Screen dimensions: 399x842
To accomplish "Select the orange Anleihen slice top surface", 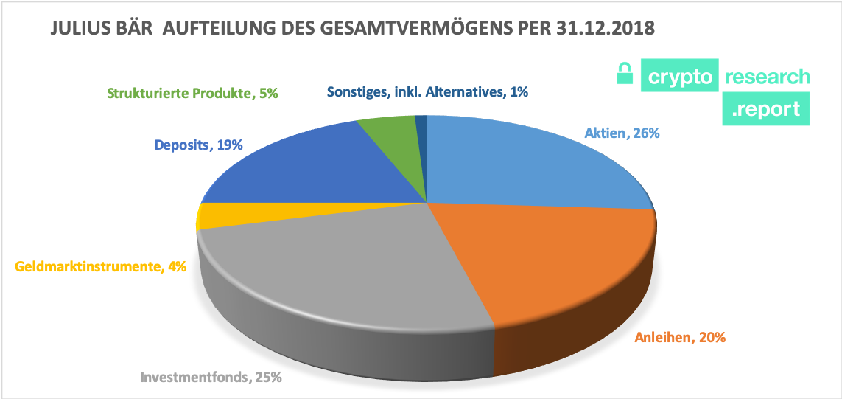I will click(560, 258).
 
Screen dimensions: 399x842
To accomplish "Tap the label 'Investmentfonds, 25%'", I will click(211, 378).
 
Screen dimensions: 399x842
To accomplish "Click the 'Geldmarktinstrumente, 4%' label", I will click(100, 266).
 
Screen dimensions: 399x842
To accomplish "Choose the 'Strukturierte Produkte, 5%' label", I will click(193, 94).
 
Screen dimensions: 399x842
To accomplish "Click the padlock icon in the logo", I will click(625, 74).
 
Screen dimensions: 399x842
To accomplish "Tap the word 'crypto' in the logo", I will click(678, 77).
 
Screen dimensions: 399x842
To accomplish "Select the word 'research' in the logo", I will click(767, 77).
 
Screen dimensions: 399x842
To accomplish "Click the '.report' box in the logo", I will click(765, 109).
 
